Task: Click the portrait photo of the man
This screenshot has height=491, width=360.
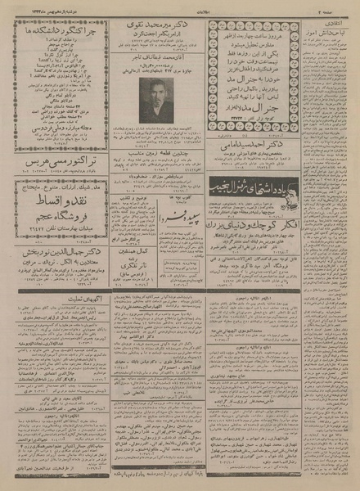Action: [x=155, y=101]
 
